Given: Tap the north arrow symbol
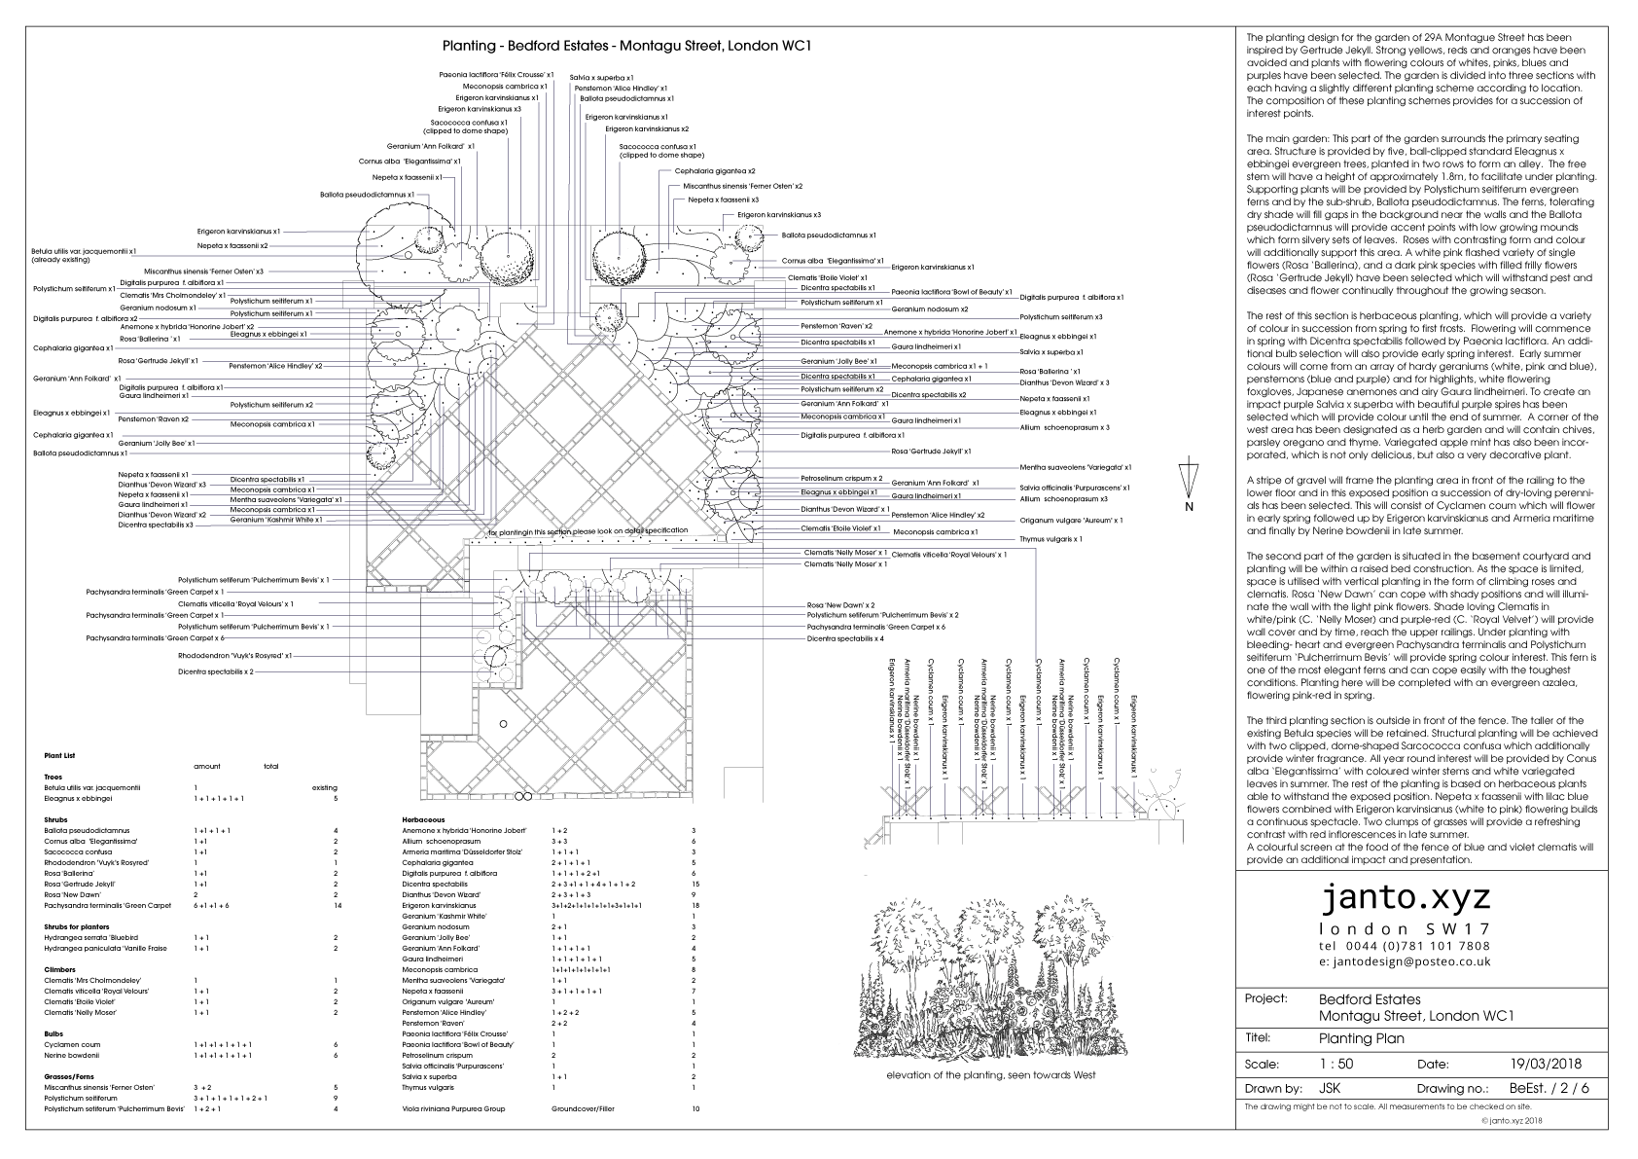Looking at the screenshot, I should [1186, 482].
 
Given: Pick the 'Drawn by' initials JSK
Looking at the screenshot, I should [1330, 1088].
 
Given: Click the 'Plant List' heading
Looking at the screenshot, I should [59, 755].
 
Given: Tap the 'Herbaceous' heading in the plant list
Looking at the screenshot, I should [423, 819].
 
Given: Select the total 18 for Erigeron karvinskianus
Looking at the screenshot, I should [694, 905].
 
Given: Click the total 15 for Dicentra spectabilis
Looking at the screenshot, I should [694, 884].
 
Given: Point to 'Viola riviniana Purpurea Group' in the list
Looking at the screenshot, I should [453, 1108].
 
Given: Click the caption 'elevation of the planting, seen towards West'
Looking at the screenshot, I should [990, 1075].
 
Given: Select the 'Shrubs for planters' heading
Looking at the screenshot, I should [77, 926].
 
